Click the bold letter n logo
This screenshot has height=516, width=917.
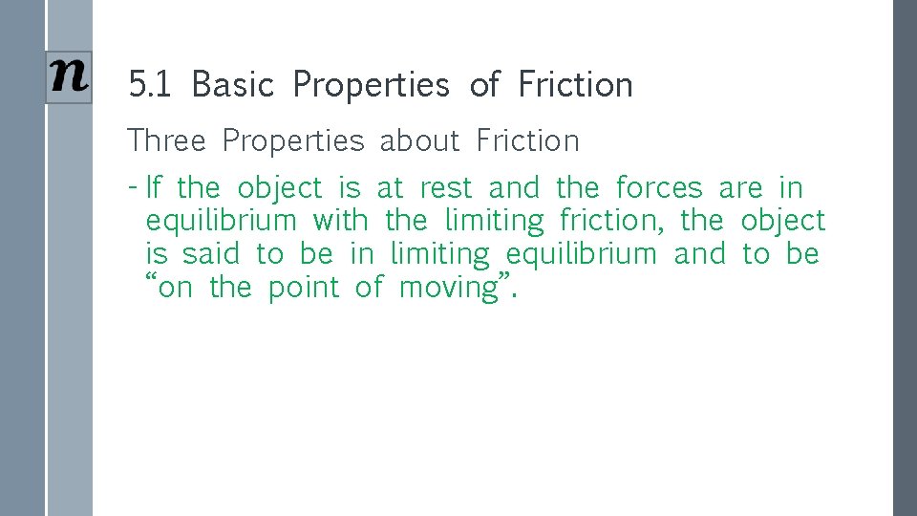pyautogui.click(x=70, y=76)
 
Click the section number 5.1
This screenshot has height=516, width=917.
pyautogui.click(x=150, y=85)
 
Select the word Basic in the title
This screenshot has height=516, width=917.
pyautogui.click(x=232, y=85)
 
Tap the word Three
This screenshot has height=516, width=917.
pyautogui.click(x=166, y=141)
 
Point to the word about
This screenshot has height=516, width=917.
pyautogui.click(x=419, y=141)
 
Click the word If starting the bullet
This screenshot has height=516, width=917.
pyautogui.click(x=155, y=187)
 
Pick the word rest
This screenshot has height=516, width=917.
pyautogui.click(x=446, y=187)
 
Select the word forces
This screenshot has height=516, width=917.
pyautogui.click(x=659, y=187)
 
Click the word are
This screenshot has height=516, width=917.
pyautogui.click(x=740, y=187)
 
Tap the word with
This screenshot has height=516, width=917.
pyautogui.click(x=340, y=221)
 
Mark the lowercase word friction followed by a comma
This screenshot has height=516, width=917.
pyautogui.click(x=609, y=221)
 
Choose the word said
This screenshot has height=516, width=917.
pyautogui.click(x=210, y=254)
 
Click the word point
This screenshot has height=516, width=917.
pyautogui.click(x=303, y=288)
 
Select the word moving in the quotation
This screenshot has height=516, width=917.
pyautogui.click(x=449, y=288)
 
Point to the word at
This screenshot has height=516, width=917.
pyautogui.click(x=390, y=187)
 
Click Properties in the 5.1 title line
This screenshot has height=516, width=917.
pyautogui.click(x=371, y=85)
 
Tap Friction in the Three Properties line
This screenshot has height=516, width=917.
pyautogui.click(x=527, y=141)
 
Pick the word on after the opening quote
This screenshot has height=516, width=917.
pyautogui.click(x=175, y=288)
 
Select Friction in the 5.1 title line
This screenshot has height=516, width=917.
pyautogui.click(x=575, y=85)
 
